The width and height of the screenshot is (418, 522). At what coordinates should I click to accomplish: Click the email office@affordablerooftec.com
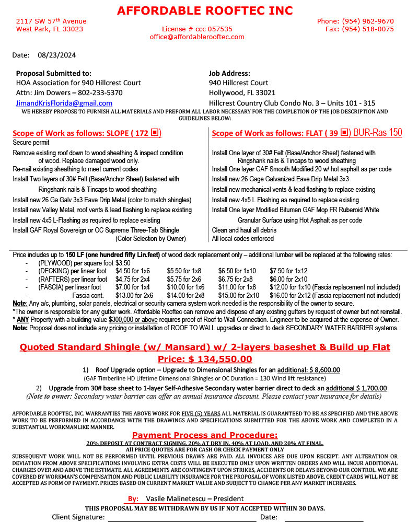click(197, 37)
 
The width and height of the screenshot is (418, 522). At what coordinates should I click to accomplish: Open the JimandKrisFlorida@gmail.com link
click(64, 103)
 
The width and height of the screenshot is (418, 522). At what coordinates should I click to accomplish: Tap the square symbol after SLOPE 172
click(154, 133)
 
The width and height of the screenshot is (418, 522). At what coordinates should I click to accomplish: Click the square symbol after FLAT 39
click(344, 133)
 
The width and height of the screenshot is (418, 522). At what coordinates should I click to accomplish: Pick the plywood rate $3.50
click(123, 263)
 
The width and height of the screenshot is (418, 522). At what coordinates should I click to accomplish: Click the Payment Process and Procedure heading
click(205, 435)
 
